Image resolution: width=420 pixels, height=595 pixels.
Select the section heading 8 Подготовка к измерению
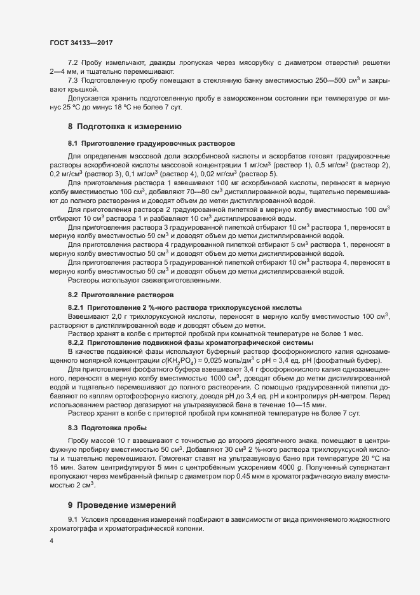coord(116,126)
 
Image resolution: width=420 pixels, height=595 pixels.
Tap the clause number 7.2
coord(72,63)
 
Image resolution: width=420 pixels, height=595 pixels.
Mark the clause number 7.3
coord(72,80)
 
